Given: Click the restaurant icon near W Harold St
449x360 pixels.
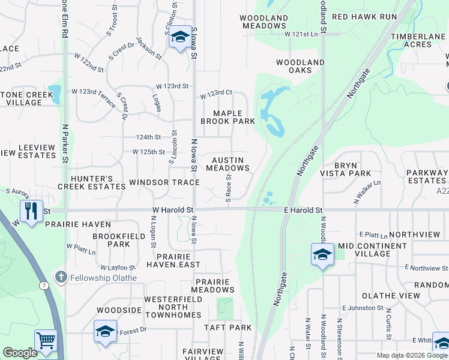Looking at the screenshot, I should tap(31, 211).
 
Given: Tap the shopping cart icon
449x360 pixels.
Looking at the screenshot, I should tap(46, 340).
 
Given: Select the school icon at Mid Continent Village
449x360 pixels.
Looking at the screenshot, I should tap(322, 254).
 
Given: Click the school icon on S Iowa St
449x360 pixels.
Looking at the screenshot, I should tap(179, 37).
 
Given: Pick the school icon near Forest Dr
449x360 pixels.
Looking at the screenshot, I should tap(105, 331).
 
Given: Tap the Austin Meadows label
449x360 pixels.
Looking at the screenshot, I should tap(228, 164).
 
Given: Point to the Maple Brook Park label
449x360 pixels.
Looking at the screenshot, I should tap(228, 117).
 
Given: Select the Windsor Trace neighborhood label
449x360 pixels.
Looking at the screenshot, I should tap(164, 182).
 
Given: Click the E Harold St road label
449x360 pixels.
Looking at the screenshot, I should tap(303, 210).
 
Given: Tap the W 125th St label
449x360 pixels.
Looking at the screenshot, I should tap(149, 152).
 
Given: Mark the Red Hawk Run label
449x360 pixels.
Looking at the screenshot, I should tap(364, 17).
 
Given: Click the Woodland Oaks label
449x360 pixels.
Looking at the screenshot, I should tap(300, 66).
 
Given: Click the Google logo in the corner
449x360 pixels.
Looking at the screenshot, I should tap(20, 353).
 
